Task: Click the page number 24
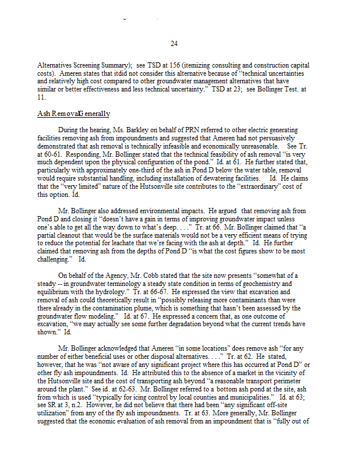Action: (x=174, y=44)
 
